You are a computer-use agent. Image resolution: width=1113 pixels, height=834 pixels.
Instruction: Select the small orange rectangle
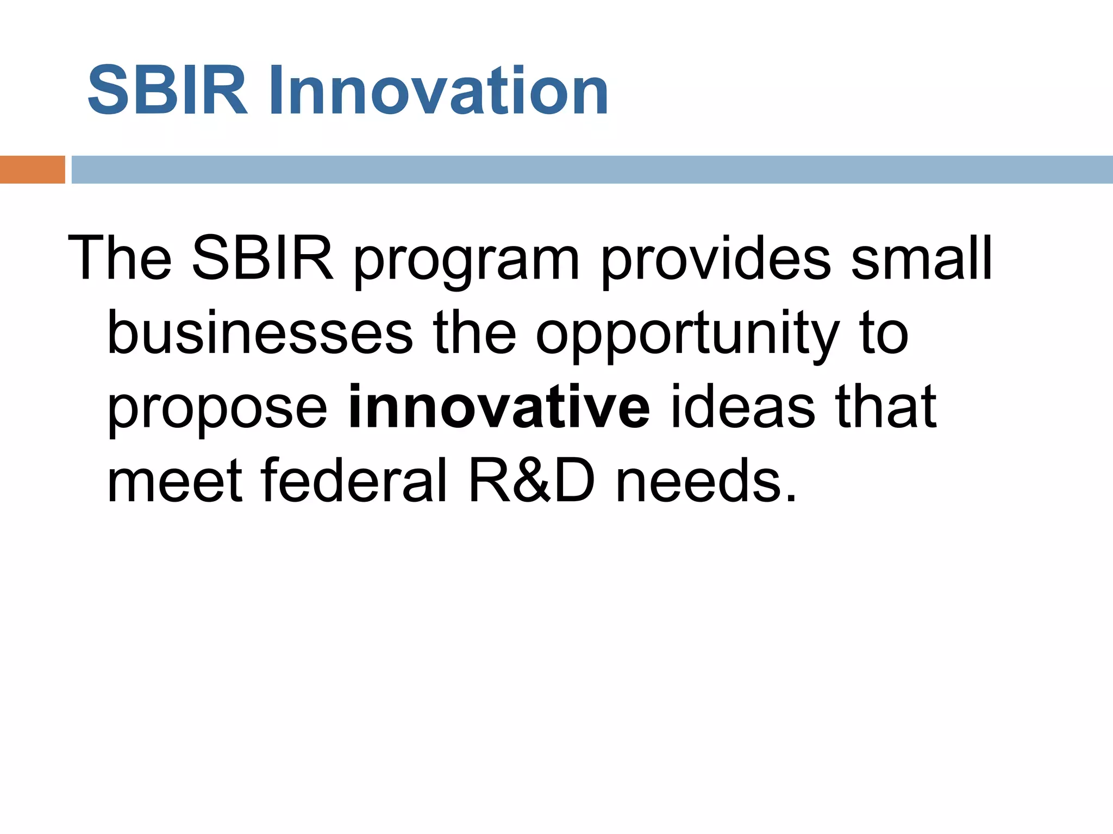click(x=32, y=169)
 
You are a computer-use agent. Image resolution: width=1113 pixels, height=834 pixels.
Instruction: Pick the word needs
click(x=706, y=481)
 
